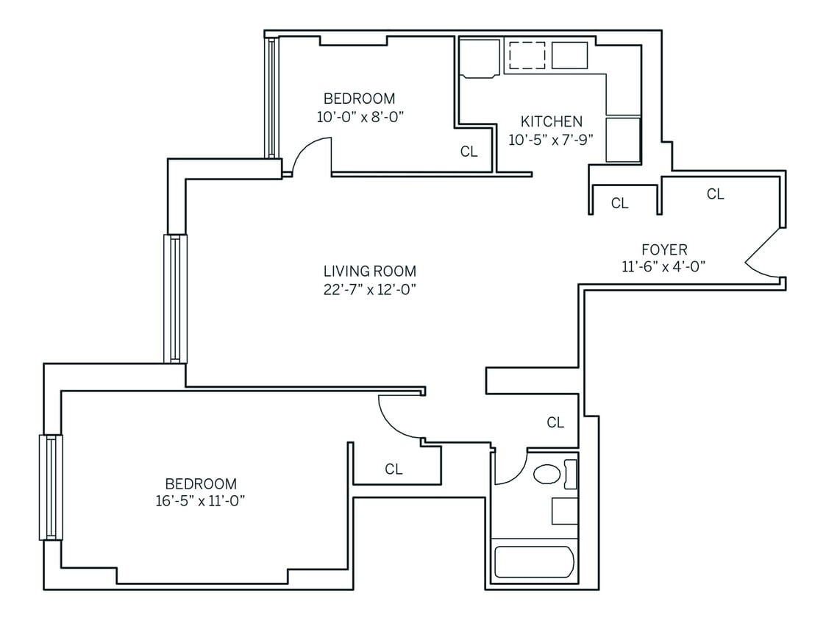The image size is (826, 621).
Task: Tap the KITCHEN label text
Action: click(x=551, y=121)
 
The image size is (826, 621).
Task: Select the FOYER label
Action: click(x=663, y=250)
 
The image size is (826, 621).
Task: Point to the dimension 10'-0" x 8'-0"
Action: click(x=360, y=116)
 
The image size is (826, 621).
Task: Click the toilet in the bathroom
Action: click(x=546, y=474)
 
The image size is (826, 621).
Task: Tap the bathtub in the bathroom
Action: click(x=533, y=562)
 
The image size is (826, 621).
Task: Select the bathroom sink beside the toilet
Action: click(x=565, y=511)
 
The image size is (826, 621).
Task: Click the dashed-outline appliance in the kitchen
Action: click(x=527, y=56)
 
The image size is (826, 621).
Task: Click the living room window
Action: click(x=175, y=298)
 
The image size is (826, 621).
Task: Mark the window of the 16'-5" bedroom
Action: click(x=51, y=487)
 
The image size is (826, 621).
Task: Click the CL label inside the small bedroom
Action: click(x=469, y=152)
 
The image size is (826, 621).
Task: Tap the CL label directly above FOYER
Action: click(x=715, y=194)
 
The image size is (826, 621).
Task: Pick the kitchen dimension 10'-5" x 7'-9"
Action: click(x=551, y=139)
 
